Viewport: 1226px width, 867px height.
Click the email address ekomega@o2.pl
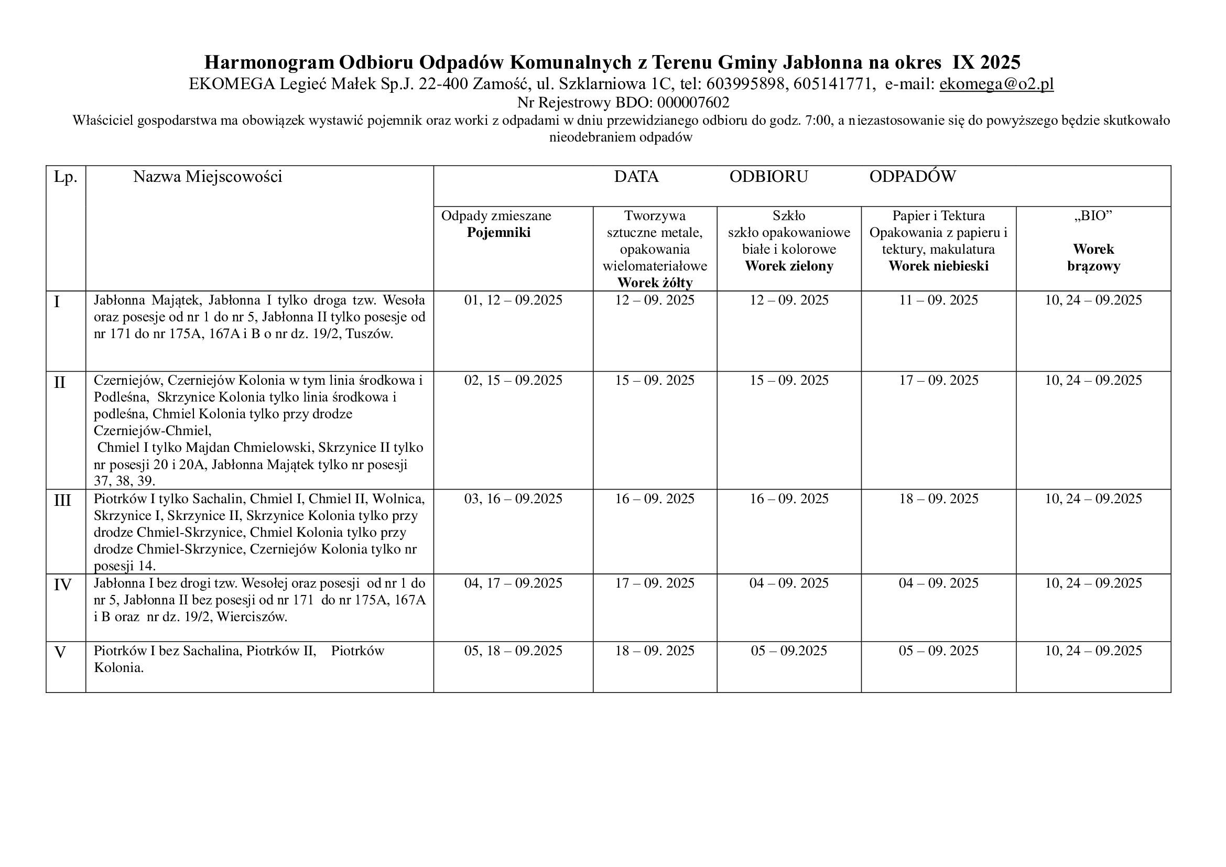click(996, 84)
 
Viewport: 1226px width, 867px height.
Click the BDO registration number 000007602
click(693, 103)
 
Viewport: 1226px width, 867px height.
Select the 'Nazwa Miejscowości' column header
click(207, 177)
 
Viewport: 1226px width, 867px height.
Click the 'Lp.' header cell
click(66, 177)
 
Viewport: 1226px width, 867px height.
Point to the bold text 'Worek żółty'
click(655, 283)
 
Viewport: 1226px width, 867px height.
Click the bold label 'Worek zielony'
click(789, 266)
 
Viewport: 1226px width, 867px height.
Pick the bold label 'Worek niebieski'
click(938, 266)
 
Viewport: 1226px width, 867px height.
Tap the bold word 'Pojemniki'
click(498, 233)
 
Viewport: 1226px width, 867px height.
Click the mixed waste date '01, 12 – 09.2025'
click(513, 300)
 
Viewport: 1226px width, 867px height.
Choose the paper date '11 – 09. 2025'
click(938, 300)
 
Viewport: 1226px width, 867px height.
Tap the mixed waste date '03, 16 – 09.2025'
click(513, 498)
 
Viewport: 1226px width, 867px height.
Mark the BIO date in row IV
click(1093, 583)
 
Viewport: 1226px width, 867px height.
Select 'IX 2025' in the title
click(987, 62)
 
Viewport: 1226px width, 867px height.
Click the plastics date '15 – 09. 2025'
click(655, 380)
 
